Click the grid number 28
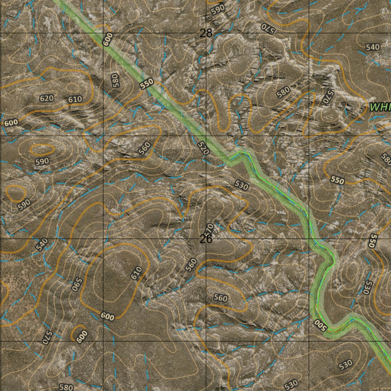coord(206,33)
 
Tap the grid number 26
coord(206,239)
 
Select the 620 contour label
coord(47,98)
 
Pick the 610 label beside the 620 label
coord(75,100)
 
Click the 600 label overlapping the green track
coord(108,39)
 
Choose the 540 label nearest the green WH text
coord(373,47)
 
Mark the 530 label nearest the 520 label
coord(242,186)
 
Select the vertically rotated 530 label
coord(366,287)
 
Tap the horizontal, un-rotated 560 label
coord(220,298)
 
